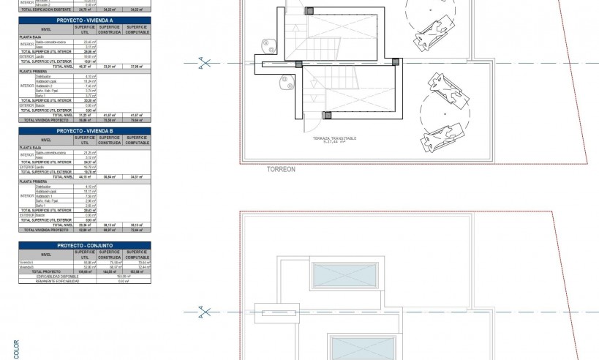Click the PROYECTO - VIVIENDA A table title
coord(86,20)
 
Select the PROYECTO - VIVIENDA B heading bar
coord(86,130)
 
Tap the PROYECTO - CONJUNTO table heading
coord(86,245)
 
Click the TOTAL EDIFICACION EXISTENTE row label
coord(47,9)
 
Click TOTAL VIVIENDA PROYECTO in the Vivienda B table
coord(47,229)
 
